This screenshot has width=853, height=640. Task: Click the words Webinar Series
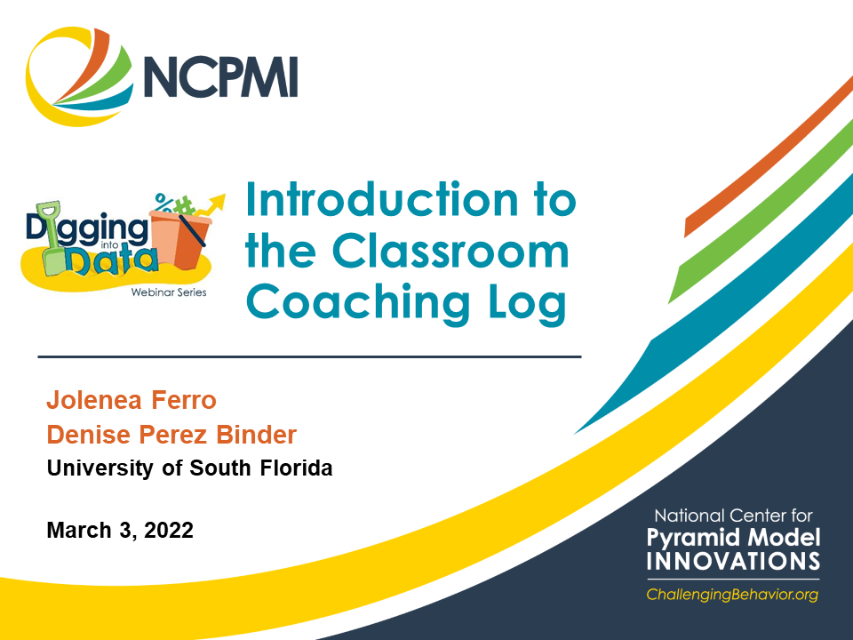pos(168,292)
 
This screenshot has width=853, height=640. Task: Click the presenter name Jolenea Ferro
pos(132,400)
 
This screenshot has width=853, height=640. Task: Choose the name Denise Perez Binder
pos(171,435)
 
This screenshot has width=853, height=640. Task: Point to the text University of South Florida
pos(189,468)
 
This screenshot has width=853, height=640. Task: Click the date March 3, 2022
pos(120,531)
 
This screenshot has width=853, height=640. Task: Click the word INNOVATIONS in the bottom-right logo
pos(733,562)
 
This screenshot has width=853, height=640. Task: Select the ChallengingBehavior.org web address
pos(732,594)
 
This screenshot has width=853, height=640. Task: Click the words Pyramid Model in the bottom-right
pos(733,538)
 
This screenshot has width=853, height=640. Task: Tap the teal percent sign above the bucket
pos(163,199)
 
